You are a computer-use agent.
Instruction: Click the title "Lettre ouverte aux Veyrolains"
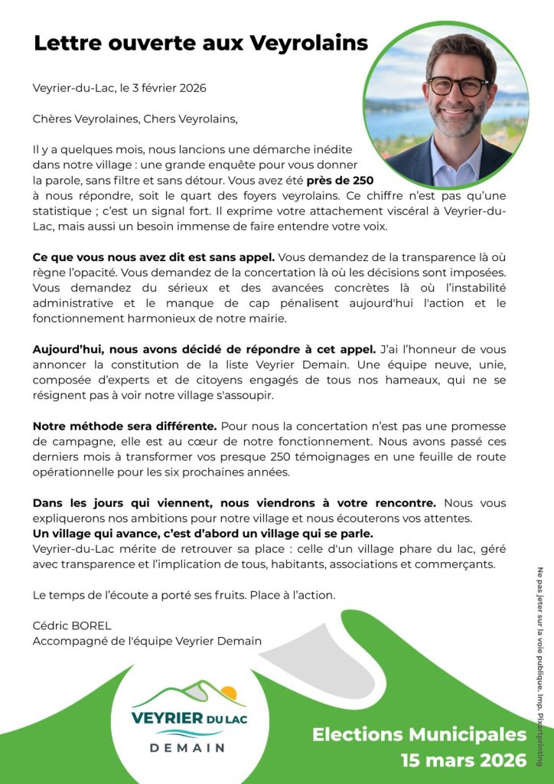tap(200, 43)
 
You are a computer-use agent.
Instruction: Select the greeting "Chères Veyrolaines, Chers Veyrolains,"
tap(135, 119)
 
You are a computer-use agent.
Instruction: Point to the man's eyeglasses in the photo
tap(458, 85)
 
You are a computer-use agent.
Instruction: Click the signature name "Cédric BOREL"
tap(71, 626)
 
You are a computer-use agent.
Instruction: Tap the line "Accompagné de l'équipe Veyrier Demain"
tap(147, 641)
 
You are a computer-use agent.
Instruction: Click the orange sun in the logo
tap(228, 694)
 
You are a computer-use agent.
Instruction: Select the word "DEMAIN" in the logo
tap(187, 747)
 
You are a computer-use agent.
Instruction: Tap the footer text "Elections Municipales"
tap(419, 735)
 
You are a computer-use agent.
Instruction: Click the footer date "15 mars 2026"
tap(464, 760)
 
